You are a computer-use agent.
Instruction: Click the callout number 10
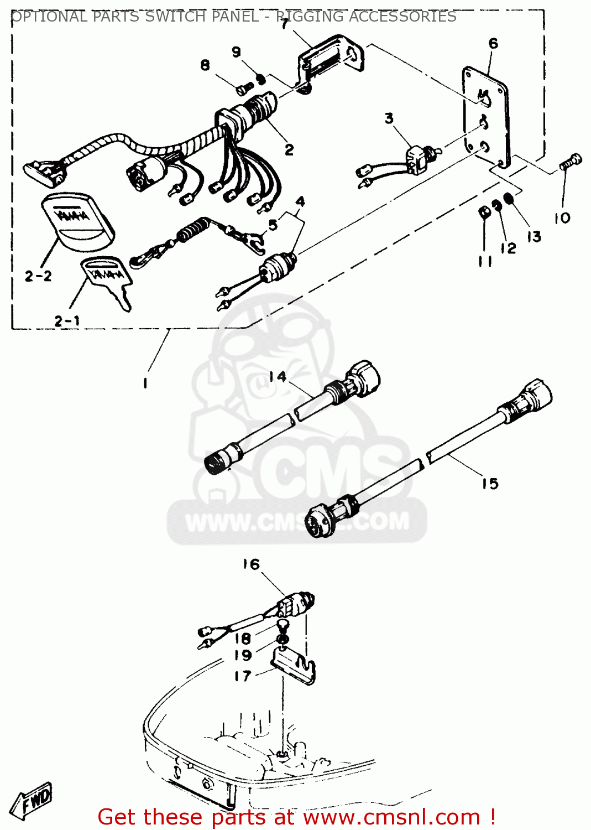tap(562, 218)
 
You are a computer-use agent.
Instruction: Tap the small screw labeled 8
tap(243, 87)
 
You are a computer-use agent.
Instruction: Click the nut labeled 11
tap(484, 212)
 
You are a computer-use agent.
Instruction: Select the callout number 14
tap(278, 377)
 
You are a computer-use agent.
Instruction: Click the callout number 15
tap(489, 484)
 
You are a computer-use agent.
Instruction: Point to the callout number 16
tap(250, 564)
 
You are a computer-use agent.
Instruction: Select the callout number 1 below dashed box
tap(145, 383)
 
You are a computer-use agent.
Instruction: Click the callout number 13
tap(534, 237)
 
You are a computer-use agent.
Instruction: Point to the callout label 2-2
tap(38, 276)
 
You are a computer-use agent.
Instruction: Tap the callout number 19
tap(243, 655)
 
